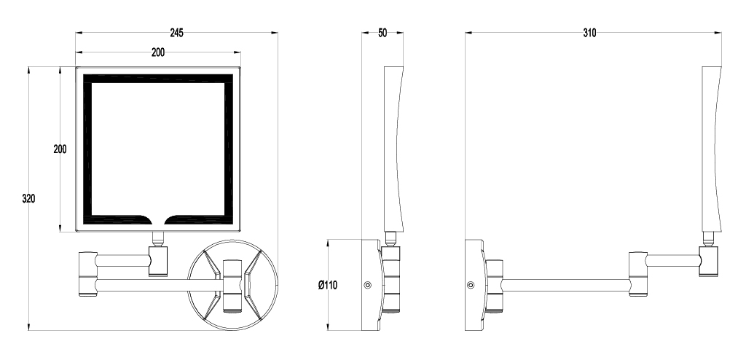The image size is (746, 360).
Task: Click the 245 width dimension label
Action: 176,33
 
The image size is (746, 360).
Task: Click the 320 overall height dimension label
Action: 28,198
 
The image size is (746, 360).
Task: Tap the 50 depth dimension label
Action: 382,33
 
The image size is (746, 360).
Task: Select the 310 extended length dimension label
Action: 589,33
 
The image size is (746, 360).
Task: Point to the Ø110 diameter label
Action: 328,285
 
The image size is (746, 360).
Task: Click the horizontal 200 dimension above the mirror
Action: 158,52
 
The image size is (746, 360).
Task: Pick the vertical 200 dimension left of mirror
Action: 60,149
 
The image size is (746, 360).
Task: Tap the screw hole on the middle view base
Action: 367,285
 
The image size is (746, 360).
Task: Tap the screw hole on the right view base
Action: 471,285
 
